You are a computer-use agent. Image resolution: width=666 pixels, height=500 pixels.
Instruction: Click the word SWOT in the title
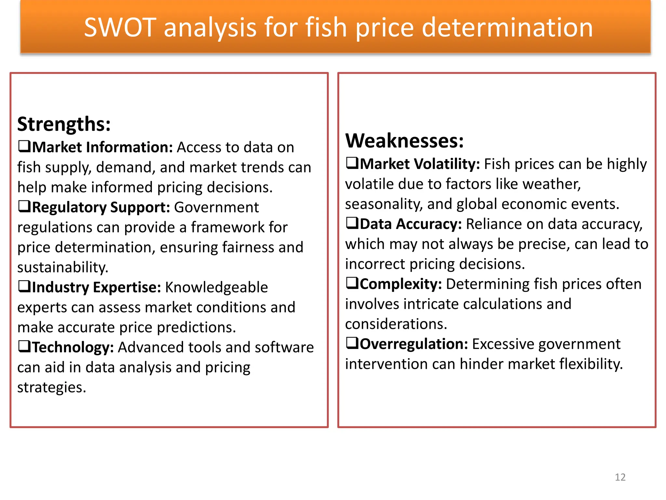point(120,28)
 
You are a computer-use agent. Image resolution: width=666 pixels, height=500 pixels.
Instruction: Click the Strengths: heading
point(64,124)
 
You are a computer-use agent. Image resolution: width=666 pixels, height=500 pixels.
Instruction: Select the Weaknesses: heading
point(404,141)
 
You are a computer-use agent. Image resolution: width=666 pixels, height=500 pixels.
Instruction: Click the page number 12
point(620,477)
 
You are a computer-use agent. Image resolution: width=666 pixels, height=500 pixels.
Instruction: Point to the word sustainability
point(62,268)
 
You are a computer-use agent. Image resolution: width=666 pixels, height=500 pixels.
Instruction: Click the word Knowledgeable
point(216,287)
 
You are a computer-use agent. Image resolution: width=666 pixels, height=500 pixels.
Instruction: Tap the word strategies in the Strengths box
point(51,387)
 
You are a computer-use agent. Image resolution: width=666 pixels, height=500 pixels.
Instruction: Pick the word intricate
point(432,304)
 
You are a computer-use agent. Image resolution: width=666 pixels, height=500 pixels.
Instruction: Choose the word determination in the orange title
point(507,28)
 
